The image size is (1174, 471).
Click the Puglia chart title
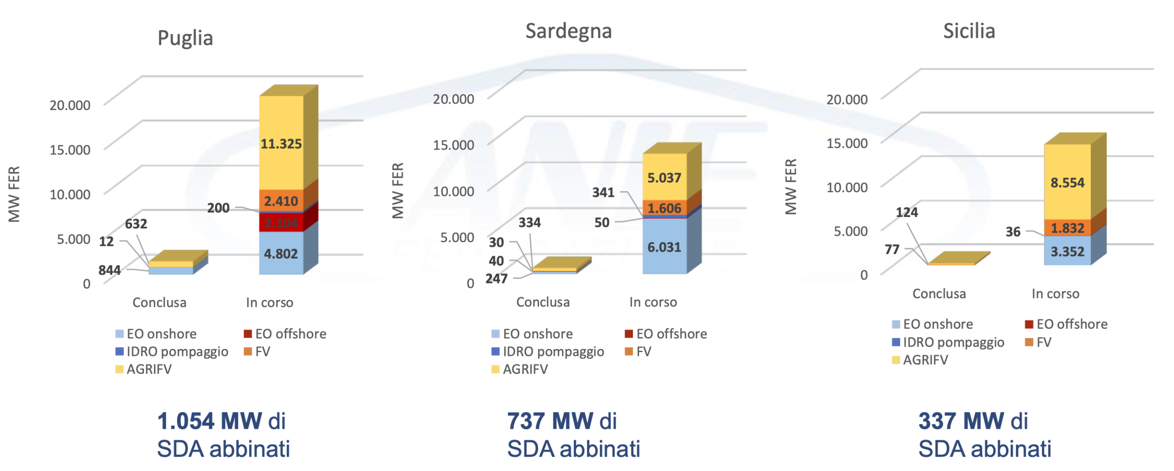[185, 38]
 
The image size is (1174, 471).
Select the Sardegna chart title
[568, 31]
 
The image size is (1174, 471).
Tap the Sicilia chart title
[969, 31]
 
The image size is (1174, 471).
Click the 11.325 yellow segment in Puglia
[281, 144]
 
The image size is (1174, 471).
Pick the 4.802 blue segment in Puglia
[281, 253]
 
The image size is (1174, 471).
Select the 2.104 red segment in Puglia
[281, 223]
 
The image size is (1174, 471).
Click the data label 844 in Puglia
[109, 270]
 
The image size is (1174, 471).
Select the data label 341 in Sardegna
[603, 192]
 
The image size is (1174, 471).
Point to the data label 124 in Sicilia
[906, 212]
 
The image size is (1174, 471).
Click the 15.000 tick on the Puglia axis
[70, 149]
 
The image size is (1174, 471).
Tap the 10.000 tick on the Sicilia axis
[846, 187]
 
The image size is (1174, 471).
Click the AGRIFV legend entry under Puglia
[144, 369]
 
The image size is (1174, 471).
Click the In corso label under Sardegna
[653, 302]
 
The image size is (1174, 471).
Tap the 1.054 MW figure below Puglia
[209, 421]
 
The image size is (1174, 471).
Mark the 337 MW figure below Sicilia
[960, 421]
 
